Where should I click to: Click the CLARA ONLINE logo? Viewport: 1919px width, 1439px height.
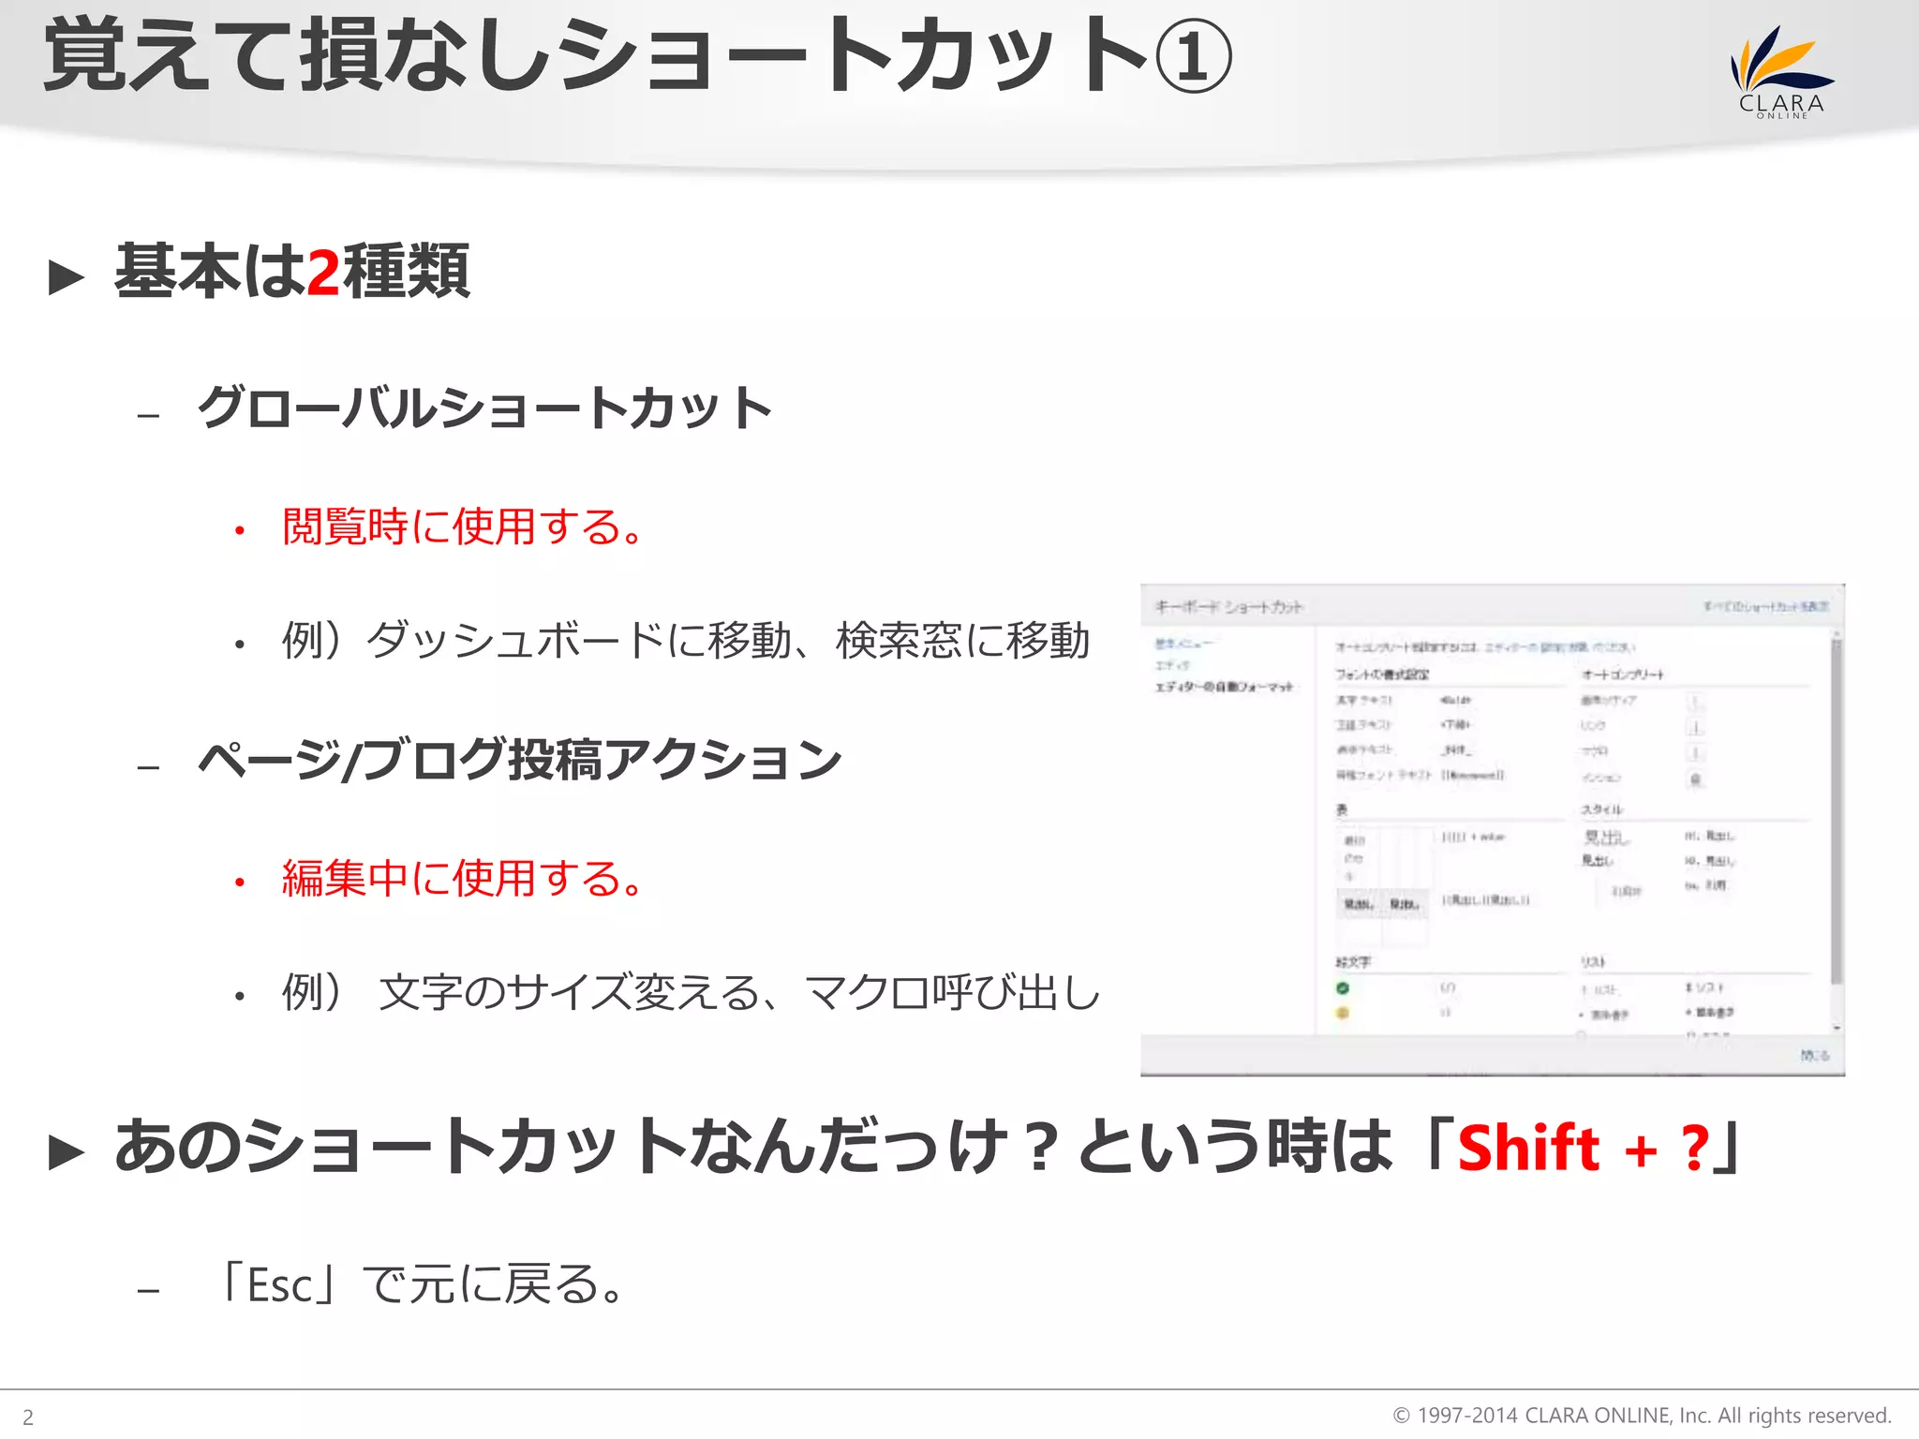(x=1781, y=73)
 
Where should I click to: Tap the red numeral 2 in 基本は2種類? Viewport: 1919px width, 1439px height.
(x=323, y=273)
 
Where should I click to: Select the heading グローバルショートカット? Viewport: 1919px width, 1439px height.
(x=484, y=408)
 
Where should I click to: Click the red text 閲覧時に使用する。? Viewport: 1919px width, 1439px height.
(x=463, y=527)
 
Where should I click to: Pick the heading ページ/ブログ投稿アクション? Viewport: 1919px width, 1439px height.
(x=520, y=760)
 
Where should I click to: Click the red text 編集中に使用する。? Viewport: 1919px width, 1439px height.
(x=463, y=879)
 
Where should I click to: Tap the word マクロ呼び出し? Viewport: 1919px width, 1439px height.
(x=952, y=993)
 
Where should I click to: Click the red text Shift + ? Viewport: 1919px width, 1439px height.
(x=1584, y=1148)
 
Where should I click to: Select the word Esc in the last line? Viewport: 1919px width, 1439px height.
(x=279, y=1285)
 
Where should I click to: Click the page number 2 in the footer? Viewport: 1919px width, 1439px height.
(x=28, y=1417)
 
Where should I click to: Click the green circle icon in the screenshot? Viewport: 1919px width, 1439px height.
(x=1342, y=987)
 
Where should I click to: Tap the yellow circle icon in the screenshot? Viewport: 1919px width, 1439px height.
(x=1342, y=1013)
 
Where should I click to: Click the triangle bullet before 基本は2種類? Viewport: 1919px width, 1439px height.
(x=67, y=277)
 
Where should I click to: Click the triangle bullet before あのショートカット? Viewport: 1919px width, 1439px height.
(x=67, y=1152)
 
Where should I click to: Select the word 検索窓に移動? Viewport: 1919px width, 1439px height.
(x=962, y=642)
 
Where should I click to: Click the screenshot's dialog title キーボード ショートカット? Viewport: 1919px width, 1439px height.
(x=1228, y=607)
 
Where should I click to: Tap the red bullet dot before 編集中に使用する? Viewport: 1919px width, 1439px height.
(x=240, y=883)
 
